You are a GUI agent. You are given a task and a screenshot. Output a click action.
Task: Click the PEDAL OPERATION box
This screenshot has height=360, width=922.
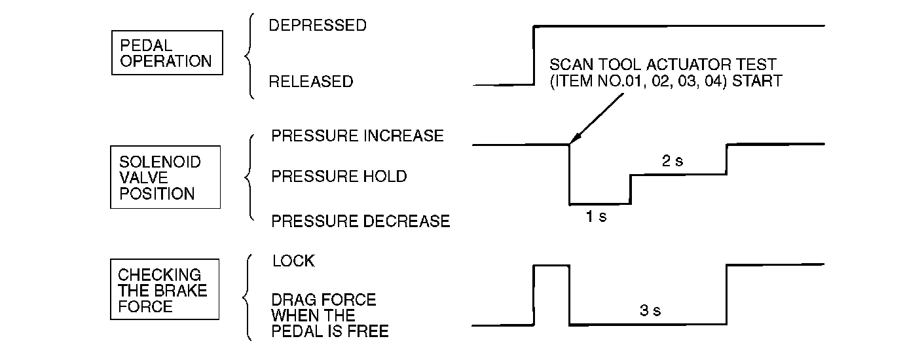pos(166,54)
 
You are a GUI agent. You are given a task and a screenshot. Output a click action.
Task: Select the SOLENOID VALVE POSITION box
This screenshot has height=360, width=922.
pos(165,177)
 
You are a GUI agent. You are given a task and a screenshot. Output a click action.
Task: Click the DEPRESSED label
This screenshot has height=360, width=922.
pos(318,26)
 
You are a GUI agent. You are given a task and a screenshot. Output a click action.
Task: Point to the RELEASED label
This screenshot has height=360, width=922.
pos(310,82)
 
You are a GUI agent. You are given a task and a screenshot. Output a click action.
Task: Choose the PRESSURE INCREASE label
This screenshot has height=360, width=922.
pos(357,136)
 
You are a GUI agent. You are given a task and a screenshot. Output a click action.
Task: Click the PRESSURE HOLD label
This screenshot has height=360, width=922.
pos(339,177)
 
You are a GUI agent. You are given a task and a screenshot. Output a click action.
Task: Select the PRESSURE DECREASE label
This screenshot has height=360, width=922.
pos(360,221)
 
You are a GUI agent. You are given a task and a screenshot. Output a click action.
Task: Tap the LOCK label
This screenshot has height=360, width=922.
pos(293,261)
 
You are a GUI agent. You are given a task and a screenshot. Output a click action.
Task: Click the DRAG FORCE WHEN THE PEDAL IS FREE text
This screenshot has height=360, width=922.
pos(329,315)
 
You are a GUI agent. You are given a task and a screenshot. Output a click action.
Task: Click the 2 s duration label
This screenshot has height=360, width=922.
pos(672,161)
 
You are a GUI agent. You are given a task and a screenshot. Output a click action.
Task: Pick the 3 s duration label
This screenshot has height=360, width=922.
pos(650,311)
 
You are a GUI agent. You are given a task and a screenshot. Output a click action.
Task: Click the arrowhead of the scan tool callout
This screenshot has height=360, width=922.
pos(573,140)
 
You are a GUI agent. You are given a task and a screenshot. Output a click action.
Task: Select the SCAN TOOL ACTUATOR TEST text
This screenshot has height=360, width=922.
pos(662,65)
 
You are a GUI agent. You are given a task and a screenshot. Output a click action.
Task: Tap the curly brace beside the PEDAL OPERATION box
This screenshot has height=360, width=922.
pos(249,58)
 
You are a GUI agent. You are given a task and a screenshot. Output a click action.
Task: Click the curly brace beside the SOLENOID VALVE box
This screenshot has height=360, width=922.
pos(249,177)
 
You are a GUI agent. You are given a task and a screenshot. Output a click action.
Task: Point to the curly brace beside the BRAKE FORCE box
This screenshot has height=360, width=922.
pos(248,298)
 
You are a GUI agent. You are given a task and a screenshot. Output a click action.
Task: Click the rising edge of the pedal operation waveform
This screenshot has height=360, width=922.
pos(534,56)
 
